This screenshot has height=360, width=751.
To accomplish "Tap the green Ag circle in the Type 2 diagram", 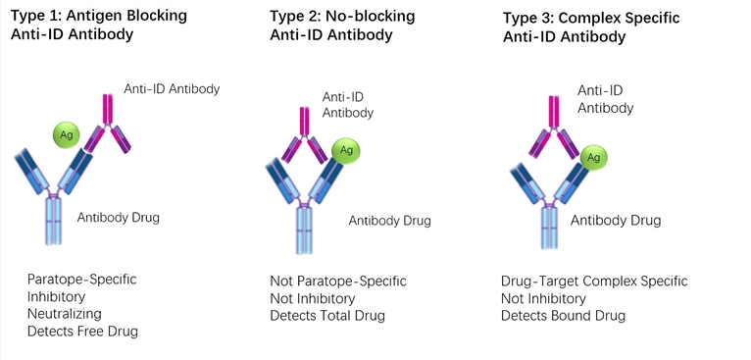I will (345, 149).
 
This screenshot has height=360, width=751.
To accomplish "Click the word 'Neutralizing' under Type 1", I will (65, 314).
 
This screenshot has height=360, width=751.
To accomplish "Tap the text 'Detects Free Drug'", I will (82, 332).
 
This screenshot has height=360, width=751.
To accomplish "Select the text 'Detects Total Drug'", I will (327, 316).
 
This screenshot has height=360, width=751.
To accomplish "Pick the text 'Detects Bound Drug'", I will (563, 316).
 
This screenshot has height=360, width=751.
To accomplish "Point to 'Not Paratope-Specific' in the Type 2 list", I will (337, 282).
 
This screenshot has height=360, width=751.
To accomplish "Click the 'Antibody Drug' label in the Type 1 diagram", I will (118, 217).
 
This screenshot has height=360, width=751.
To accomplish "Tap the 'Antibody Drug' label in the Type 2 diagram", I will (390, 220).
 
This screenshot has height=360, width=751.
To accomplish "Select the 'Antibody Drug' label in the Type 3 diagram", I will (616, 220).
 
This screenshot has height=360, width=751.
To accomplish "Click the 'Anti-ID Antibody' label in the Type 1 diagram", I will (172, 89).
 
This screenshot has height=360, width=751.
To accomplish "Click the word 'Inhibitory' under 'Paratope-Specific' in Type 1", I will (57, 296).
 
